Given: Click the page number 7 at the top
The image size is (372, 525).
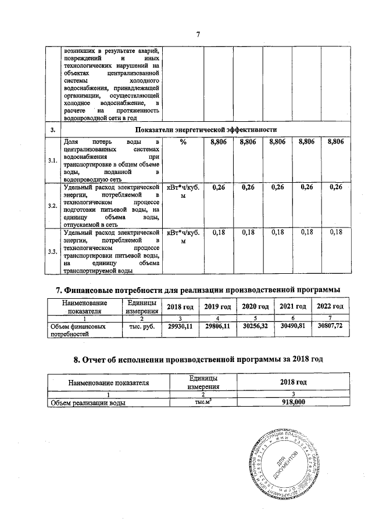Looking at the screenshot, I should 198,34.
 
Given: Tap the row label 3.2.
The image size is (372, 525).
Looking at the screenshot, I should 52,206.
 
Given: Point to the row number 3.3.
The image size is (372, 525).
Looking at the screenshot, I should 52,251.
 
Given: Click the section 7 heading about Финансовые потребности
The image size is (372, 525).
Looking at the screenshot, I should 197,289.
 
